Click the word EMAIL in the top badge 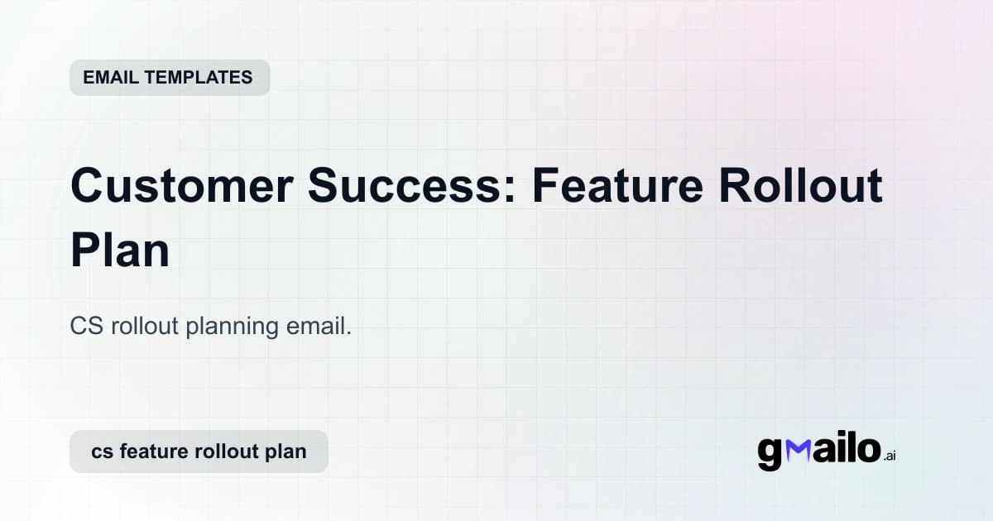111,78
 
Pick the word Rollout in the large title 800,187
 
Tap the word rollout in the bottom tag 226,452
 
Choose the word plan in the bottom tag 285,453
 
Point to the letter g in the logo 770,453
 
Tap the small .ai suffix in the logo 890,456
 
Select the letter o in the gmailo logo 866,451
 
